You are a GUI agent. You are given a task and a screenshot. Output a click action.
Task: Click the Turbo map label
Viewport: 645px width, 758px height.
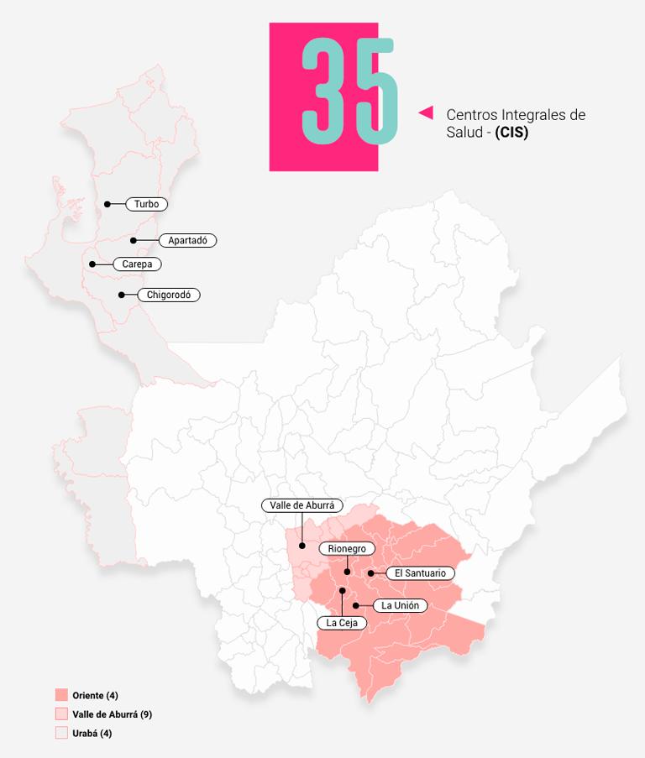147,204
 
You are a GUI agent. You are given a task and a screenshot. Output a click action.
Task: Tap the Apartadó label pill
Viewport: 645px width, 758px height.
187,240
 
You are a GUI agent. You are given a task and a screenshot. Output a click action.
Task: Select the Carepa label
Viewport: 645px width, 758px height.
137,264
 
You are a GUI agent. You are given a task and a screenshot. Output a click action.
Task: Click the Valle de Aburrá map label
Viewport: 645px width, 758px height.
302,505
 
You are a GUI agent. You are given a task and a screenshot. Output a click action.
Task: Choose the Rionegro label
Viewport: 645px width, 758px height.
347,548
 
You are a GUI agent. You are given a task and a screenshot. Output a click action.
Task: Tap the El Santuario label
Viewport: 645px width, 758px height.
420,573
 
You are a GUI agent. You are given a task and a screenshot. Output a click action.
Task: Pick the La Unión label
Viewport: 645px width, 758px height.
400,605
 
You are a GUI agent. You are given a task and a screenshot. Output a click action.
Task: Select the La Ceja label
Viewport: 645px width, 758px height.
342,622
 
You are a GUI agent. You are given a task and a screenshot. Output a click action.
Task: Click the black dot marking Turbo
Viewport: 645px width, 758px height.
107,204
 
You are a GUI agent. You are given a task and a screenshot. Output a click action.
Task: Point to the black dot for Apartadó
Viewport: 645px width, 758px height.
133,241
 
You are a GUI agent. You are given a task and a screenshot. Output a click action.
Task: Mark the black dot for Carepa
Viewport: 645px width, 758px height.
92,264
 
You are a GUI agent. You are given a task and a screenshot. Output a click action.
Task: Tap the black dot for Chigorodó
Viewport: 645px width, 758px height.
122,295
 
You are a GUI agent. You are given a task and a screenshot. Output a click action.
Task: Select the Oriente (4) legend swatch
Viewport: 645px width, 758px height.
61,695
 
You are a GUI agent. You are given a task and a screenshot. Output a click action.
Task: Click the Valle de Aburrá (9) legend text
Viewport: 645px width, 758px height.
112,714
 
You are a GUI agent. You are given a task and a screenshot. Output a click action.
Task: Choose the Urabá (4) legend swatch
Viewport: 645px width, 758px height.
61,733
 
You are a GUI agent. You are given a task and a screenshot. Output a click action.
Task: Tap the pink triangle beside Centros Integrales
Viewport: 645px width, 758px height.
426,112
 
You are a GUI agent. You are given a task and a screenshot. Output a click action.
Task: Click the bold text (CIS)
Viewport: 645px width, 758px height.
511,133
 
